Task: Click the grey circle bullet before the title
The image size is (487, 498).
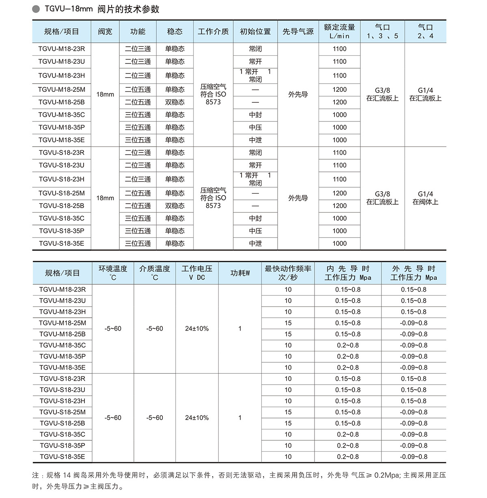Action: tap(36, 9)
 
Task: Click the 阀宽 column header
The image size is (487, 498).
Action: tap(105, 32)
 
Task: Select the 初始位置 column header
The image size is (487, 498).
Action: tap(255, 32)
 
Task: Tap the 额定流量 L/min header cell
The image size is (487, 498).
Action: tap(339, 32)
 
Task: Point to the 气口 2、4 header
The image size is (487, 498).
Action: tap(425, 32)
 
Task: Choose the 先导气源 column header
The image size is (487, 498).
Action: tap(298, 32)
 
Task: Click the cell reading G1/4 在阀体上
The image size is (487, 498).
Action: tap(425, 198)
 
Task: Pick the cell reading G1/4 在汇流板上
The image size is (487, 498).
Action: tap(425, 94)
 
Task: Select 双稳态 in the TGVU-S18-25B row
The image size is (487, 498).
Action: tap(175, 206)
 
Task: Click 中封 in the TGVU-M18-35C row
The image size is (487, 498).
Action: tap(255, 115)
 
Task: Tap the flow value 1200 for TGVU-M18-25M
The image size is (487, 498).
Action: tap(339, 89)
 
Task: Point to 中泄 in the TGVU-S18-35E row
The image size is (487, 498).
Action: tap(255, 243)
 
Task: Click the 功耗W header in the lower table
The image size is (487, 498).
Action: tap(240, 273)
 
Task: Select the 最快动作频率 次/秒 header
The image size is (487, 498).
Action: tap(288, 273)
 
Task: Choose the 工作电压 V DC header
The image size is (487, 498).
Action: tap(197, 273)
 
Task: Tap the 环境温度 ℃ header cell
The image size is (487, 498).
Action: tap(113, 273)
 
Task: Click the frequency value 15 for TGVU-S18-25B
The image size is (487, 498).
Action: tap(288, 423)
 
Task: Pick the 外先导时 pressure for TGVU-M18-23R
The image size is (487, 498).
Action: tap(414, 290)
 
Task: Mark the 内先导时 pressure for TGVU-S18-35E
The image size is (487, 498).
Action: tap(348, 457)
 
